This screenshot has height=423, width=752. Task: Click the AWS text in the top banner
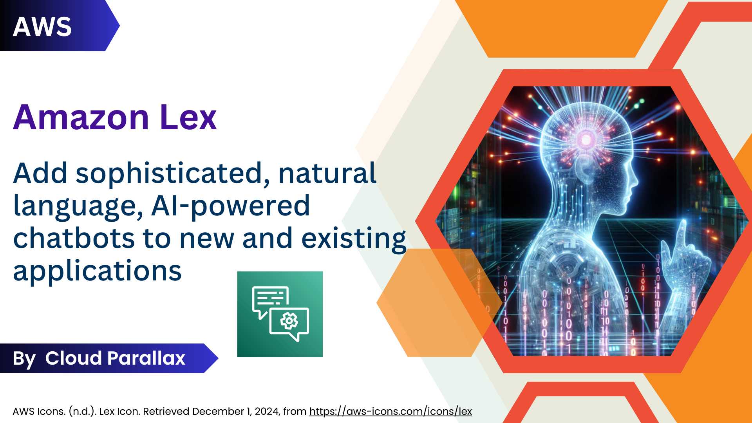pyautogui.click(x=42, y=27)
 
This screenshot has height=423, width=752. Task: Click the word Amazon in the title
pyautogui.click(x=81, y=117)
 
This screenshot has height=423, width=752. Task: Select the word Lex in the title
pyautogui.click(x=188, y=117)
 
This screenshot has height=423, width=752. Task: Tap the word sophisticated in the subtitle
pyautogui.click(x=168, y=173)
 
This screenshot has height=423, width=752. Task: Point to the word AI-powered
pyautogui.click(x=230, y=206)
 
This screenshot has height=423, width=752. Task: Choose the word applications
pyautogui.click(x=97, y=271)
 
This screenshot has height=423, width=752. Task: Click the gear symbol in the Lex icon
pyautogui.click(x=289, y=321)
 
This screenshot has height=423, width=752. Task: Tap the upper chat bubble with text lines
pyautogui.click(x=270, y=298)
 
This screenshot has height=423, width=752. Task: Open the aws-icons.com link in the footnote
pyautogui.click(x=390, y=411)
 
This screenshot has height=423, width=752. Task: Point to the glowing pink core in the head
pyautogui.click(x=586, y=139)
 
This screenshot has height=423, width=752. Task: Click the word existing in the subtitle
pyautogui.click(x=354, y=238)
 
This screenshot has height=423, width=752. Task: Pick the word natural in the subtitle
pyautogui.click(x=327, y=173)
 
